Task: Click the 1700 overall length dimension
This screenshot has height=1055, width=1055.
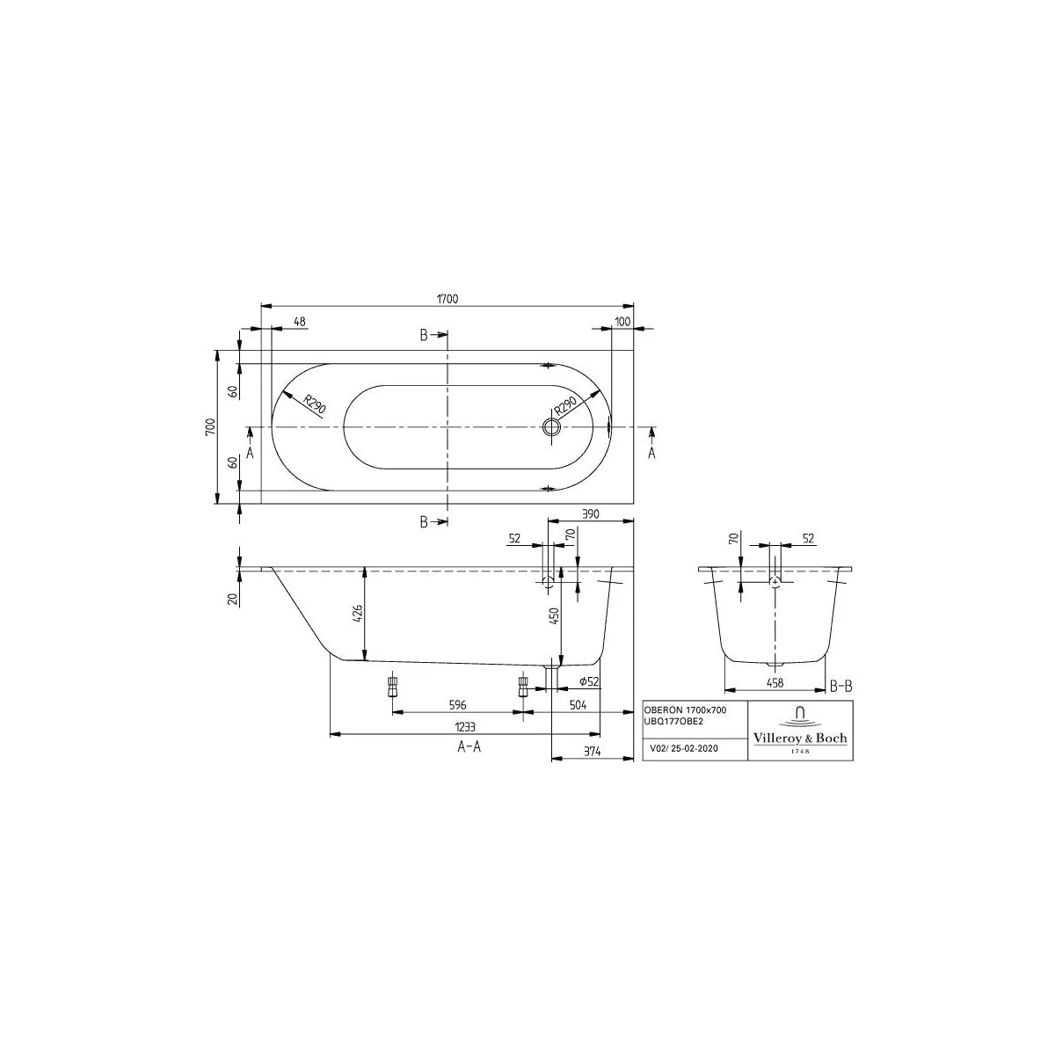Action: point(447,299)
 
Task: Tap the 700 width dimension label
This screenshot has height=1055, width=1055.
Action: point(210,426)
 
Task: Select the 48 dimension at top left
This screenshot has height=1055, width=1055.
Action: point(300,322)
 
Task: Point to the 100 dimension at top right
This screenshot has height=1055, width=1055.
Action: point(623,322)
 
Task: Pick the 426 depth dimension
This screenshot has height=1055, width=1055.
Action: point(357,615)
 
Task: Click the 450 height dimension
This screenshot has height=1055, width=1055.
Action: point(554,616)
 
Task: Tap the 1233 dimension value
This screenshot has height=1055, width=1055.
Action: point(465,727)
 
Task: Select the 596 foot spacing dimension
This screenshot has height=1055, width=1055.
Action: point(458,705)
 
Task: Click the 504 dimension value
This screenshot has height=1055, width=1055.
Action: point(578,705)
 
